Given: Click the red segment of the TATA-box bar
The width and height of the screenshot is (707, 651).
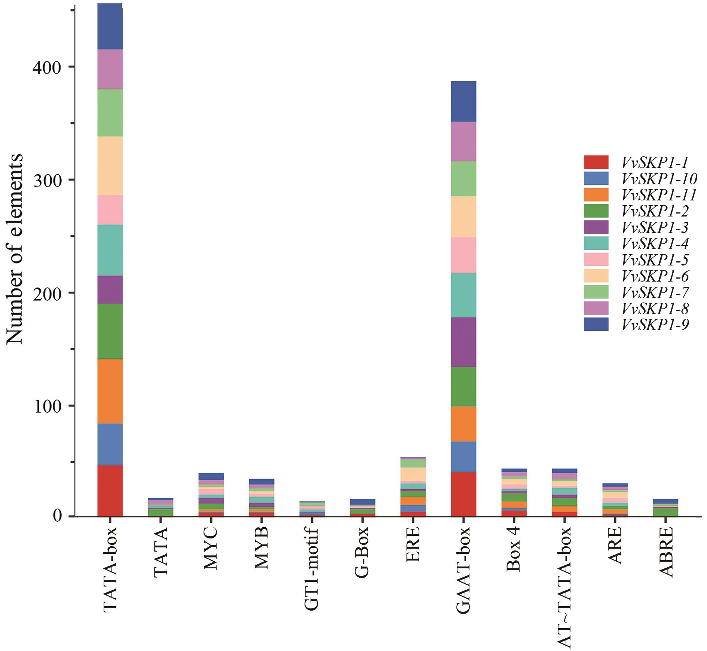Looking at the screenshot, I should coord(110,490).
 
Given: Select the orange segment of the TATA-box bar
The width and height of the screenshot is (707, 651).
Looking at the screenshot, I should coord(110,391).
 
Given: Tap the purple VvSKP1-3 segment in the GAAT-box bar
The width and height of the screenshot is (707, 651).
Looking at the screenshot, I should coord(463,342).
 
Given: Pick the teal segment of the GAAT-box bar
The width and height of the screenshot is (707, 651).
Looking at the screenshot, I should coord(463,295).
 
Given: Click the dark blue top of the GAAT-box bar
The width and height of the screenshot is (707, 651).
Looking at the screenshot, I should coord(463,101).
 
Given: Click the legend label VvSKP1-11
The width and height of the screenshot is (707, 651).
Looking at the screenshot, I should coord(659,195).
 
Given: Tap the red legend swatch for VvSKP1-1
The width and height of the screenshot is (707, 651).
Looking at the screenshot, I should coord(596,162).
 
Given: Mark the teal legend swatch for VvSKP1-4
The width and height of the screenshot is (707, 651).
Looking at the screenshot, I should coord(596,243).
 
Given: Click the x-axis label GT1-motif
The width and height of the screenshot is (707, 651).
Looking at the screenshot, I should coord(312,559).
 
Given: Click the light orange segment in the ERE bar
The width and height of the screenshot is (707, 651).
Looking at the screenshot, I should coord(413,474).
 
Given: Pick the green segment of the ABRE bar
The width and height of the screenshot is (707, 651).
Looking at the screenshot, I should coord(666,512).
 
